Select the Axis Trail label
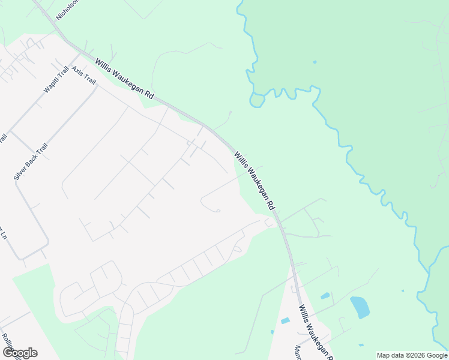[83, 76]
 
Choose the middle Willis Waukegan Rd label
[255, 180]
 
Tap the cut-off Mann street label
[297, 352]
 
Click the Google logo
[20, 353]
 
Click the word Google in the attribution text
[435, 355]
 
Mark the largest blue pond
[360, 307]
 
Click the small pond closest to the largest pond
[325, 296]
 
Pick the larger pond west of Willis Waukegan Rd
[285, 321]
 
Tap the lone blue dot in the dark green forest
[315, 61]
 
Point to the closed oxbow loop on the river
[258, 100]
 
